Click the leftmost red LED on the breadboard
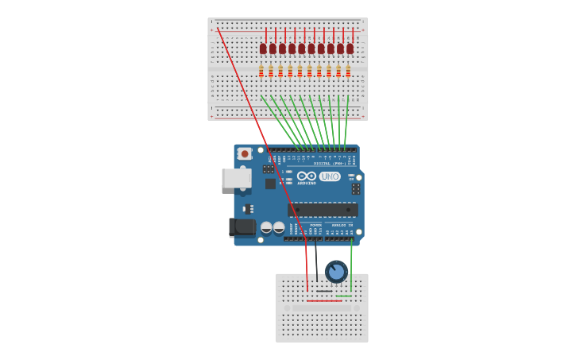tap(263, 48)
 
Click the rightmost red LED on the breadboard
tap(350, 48)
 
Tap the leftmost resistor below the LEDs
tap(261, 72)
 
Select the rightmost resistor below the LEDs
tap(348, 72)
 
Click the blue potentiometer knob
tap(336, 272)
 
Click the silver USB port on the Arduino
tap(237, 178)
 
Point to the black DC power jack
tap(242, 227)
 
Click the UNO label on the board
tap(330, 176)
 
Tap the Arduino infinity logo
tap(307, 176)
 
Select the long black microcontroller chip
tap(323, 210)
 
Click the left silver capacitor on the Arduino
tap(266, 227)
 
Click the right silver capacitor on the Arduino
tap(279, 227)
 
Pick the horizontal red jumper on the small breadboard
tap(324, 300)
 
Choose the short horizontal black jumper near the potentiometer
tap(324, 291)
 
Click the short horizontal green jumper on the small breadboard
tap(343, 296)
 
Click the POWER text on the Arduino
tap(315, 225)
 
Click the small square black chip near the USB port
tap(270, 184)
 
